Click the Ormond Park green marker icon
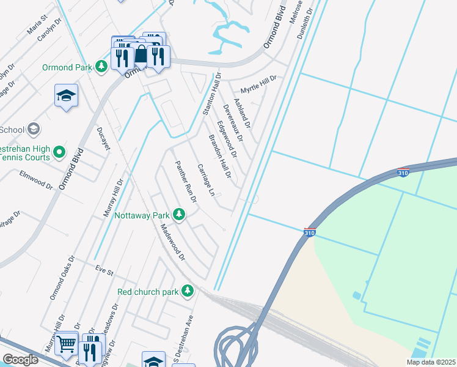pos(101,67)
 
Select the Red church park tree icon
pos(189,291)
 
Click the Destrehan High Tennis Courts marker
pos(59,151)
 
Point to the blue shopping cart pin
pos(66,344)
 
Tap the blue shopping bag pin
pos(141,55)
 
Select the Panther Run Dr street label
pos(185,182)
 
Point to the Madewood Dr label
pos(172,242)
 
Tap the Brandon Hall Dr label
pos(220,157)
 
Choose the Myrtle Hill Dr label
pos(258,83)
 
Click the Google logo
pos(20,360)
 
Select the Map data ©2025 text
pos(430,362)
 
